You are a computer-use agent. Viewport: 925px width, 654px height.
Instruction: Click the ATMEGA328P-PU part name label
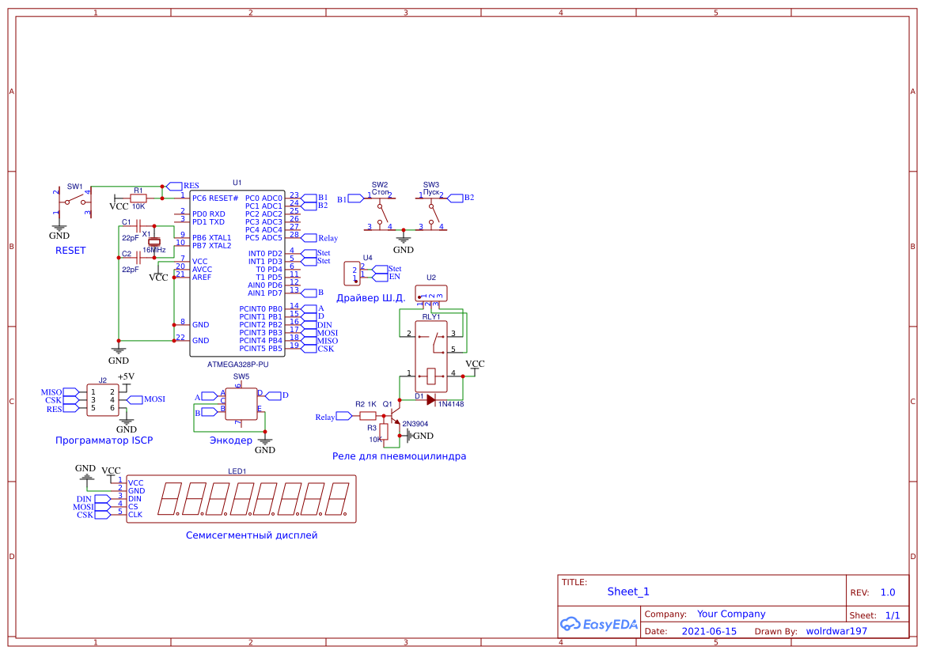[237, 365]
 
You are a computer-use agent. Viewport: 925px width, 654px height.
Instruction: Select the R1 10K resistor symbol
[138, 198]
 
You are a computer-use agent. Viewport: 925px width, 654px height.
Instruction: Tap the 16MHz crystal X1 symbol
[155, 241]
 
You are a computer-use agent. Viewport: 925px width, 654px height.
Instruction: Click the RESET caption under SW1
[70, 251]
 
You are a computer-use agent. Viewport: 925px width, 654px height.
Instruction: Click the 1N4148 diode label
[451, 404]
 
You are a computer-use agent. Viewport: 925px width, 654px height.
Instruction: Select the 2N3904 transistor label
[415, 424]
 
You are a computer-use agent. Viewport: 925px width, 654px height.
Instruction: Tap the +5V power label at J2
[126, 376]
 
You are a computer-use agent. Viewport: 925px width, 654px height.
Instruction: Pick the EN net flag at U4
[393, 277]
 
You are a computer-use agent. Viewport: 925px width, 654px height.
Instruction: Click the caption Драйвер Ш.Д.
[371, 298]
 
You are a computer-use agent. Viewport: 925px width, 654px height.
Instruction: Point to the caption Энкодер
[230, 440]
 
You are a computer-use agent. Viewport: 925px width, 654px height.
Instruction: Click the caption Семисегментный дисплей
[252, 535]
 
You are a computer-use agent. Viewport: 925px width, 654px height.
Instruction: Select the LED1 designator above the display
[237, 471]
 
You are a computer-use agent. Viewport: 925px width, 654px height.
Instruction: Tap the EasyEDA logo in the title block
[598, 624]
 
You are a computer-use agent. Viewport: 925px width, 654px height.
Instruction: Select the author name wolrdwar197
[836, 631]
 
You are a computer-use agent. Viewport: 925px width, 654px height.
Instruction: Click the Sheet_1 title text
[628, 592]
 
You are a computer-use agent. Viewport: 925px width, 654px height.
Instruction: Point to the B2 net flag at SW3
[467, 198]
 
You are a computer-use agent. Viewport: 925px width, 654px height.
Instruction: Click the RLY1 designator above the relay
[431, 317]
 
